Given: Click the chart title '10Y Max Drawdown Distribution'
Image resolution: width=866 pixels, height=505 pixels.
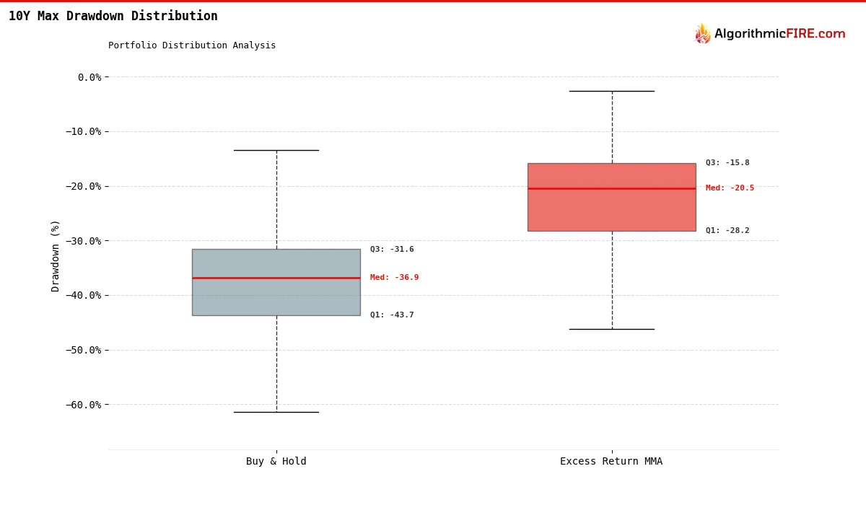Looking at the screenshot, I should [x=113, y=16].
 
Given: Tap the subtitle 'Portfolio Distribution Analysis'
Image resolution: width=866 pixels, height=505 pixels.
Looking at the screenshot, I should [x=192, y=45].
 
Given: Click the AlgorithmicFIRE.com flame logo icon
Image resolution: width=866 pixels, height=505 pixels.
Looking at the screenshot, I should [x=702, y=34].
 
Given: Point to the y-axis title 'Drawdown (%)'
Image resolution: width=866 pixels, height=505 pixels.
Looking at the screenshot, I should [x=56, y=255].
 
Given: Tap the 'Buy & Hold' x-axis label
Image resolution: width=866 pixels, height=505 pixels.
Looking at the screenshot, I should [x=276, y=462].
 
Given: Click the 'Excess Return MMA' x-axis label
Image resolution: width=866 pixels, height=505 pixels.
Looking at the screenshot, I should [x=611, y=462].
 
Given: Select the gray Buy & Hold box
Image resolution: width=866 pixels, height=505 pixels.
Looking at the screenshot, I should [x=276, y=296].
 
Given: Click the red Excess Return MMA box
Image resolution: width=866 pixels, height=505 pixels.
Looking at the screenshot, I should [x=611, y=209].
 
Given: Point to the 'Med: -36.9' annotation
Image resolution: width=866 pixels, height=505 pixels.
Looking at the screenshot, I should [x=394, y=278].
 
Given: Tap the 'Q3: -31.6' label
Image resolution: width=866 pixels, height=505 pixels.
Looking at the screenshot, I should [x=392, y=250].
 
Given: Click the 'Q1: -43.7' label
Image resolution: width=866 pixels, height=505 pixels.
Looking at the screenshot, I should [x=392, y=315].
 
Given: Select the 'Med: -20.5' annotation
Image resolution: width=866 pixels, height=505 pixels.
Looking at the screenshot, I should [x=730, y=188].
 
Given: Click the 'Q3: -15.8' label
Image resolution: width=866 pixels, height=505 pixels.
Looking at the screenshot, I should [x=727, y=163].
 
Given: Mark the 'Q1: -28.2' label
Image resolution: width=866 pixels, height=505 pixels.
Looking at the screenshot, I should [x=727, y=231].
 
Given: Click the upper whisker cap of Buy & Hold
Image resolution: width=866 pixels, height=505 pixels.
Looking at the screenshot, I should [x=276, y=150].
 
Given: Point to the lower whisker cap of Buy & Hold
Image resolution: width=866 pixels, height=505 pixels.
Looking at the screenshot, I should [x=276, y=412].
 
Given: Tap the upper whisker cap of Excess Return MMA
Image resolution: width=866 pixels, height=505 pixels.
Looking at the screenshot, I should [x=611, y=91].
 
